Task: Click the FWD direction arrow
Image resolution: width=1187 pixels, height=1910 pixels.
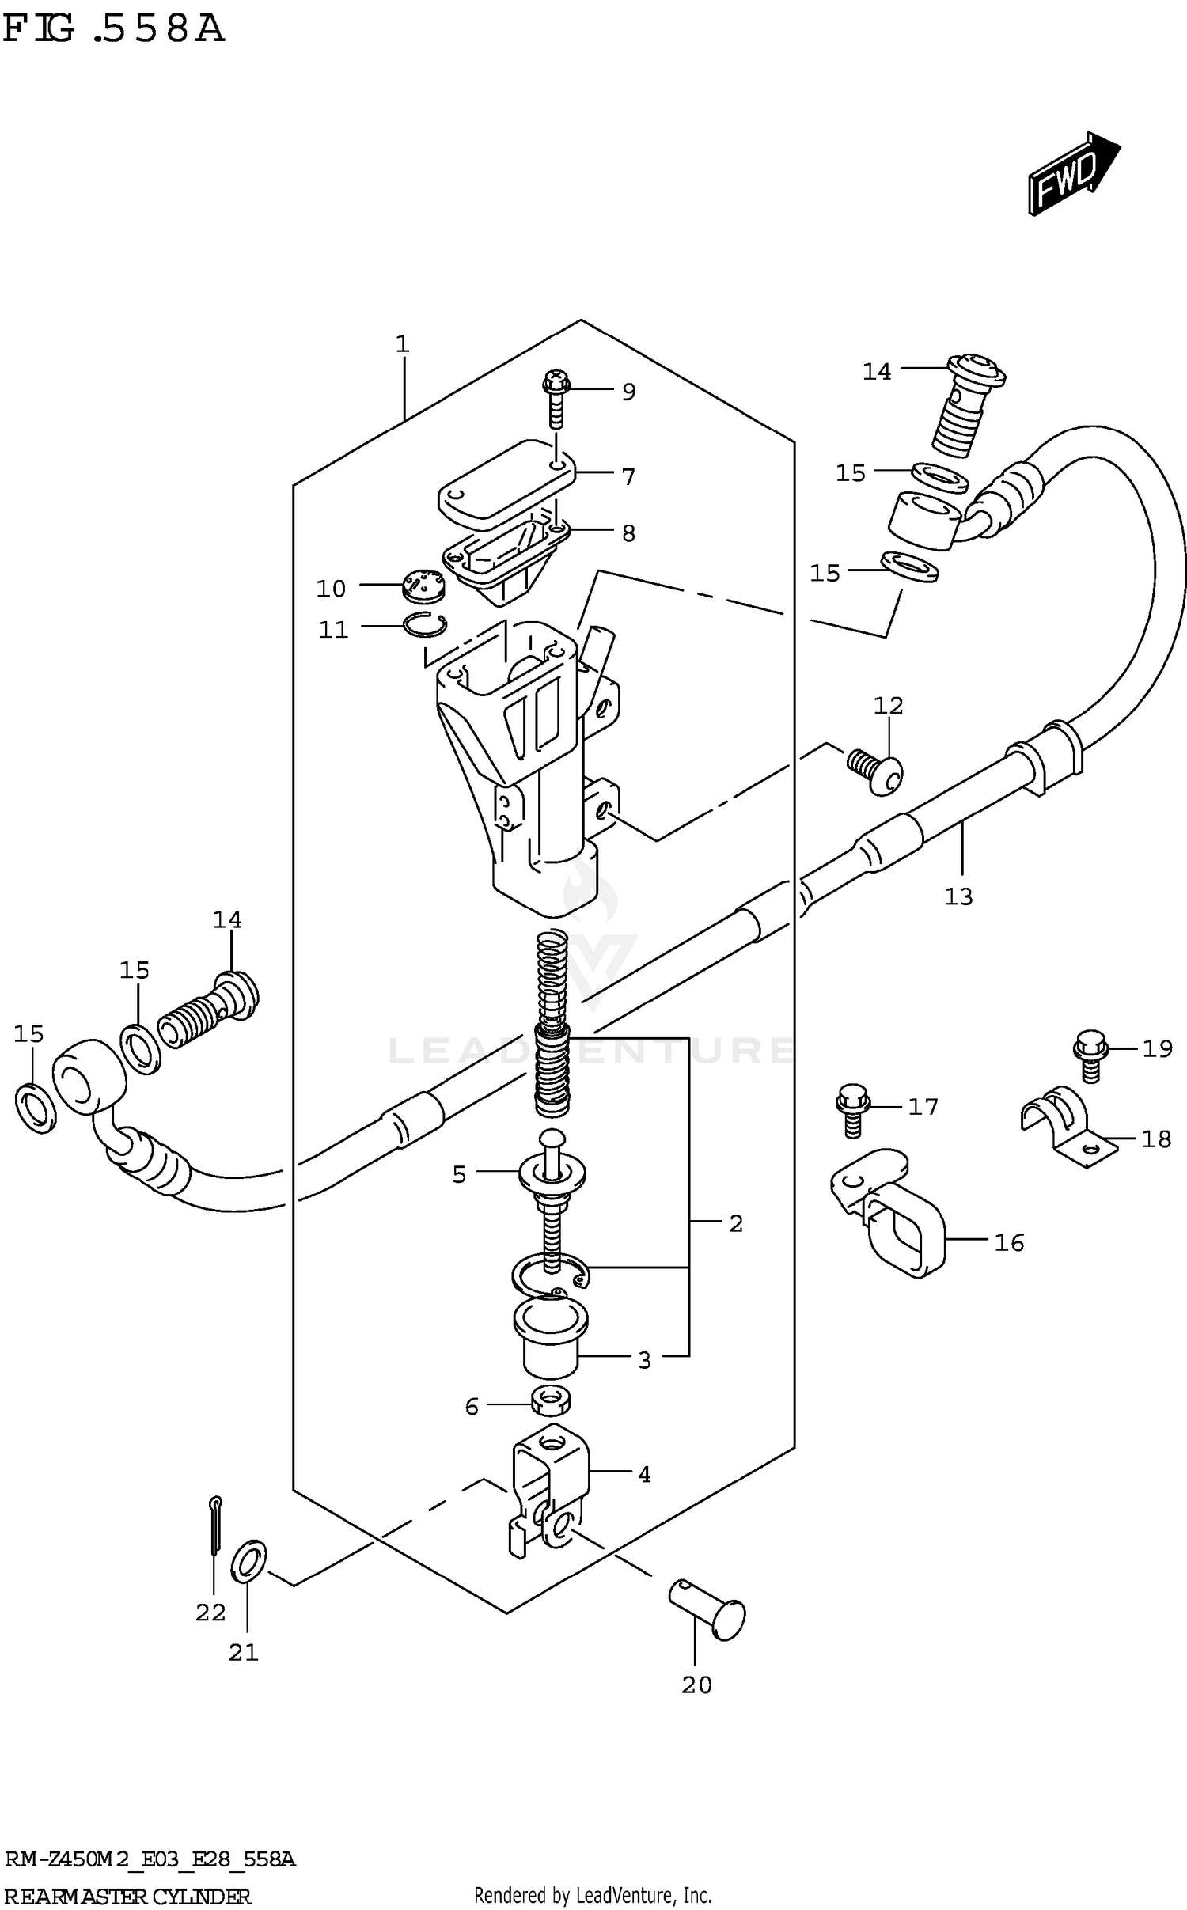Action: pyautogui.click(x=1072, y=173)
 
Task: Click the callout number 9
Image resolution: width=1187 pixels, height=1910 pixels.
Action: pyautogui.click(x=628, y=392)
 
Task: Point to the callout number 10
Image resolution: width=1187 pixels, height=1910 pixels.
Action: pyautogui.click(x=331, y=589)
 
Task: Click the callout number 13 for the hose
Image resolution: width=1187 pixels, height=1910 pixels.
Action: pyautogui.click(x=958, y=896)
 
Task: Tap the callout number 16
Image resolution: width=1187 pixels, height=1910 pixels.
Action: pyautogui.click(x=1009, y=1243)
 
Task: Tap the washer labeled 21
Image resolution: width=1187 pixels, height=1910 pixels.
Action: pyautogui.click(x=248, y=1561)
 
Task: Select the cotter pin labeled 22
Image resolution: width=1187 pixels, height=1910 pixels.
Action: pyautogui.click(x=216, y=1525)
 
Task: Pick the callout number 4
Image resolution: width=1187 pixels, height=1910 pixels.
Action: pyautogui.click(x=644, y=1475)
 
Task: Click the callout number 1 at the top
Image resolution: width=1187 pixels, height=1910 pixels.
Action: pyautogui.click(x=402, y=344)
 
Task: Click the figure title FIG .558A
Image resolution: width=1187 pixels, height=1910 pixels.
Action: pyautogui.click(x=113, y=30)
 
